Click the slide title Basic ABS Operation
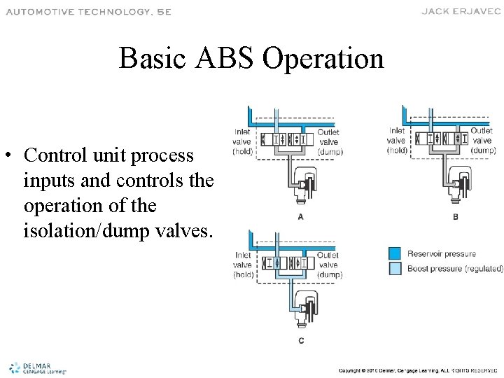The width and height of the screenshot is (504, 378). coord(251,58)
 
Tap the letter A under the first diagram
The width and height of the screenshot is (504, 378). coord(300,217)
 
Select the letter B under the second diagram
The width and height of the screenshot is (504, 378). coord(456,217)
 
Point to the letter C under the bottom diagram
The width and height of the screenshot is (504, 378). coord(300,341)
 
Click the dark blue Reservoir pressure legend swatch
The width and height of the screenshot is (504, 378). coord(395,253)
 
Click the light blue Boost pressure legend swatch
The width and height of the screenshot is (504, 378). coord(395,268)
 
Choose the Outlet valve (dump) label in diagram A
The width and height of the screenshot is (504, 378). coord(328,141)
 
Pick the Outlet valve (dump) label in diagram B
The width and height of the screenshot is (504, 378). coord(482,140)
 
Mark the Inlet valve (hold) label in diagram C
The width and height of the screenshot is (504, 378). coord(243,265)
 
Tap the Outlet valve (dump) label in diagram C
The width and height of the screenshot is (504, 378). coord(328,265)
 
